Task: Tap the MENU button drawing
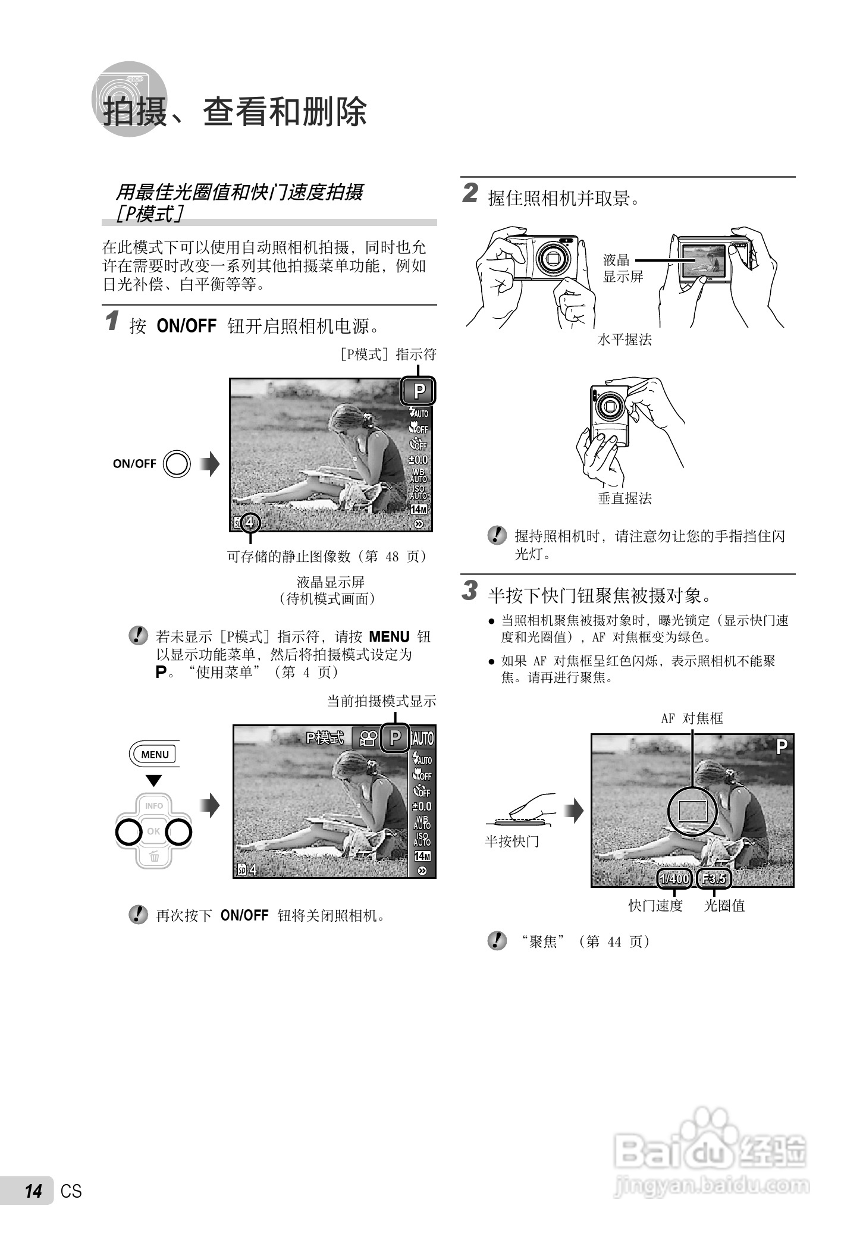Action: coord(155,754)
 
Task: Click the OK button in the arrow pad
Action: coord(153,831)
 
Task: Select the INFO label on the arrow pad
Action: coord(153,806)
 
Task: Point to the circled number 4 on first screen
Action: coord(250,523)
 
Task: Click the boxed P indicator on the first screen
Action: coord(419,391)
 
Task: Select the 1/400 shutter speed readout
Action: coord(674,879)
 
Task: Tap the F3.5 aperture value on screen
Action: coord(714,879)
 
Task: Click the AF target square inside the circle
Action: coord(693,811)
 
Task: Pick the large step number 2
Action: coord(470,194)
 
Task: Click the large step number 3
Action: coord(470,591)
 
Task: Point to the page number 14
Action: coord(33,1191)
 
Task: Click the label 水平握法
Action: coord(625,340)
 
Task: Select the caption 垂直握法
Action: coord(625,498)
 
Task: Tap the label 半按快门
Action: coord(511,841)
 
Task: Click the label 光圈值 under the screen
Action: coord(724,906)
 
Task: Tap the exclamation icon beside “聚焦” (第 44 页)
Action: coord(497,940)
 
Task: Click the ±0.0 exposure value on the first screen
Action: coord(419,460)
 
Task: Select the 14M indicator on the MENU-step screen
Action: coord(422,856)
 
